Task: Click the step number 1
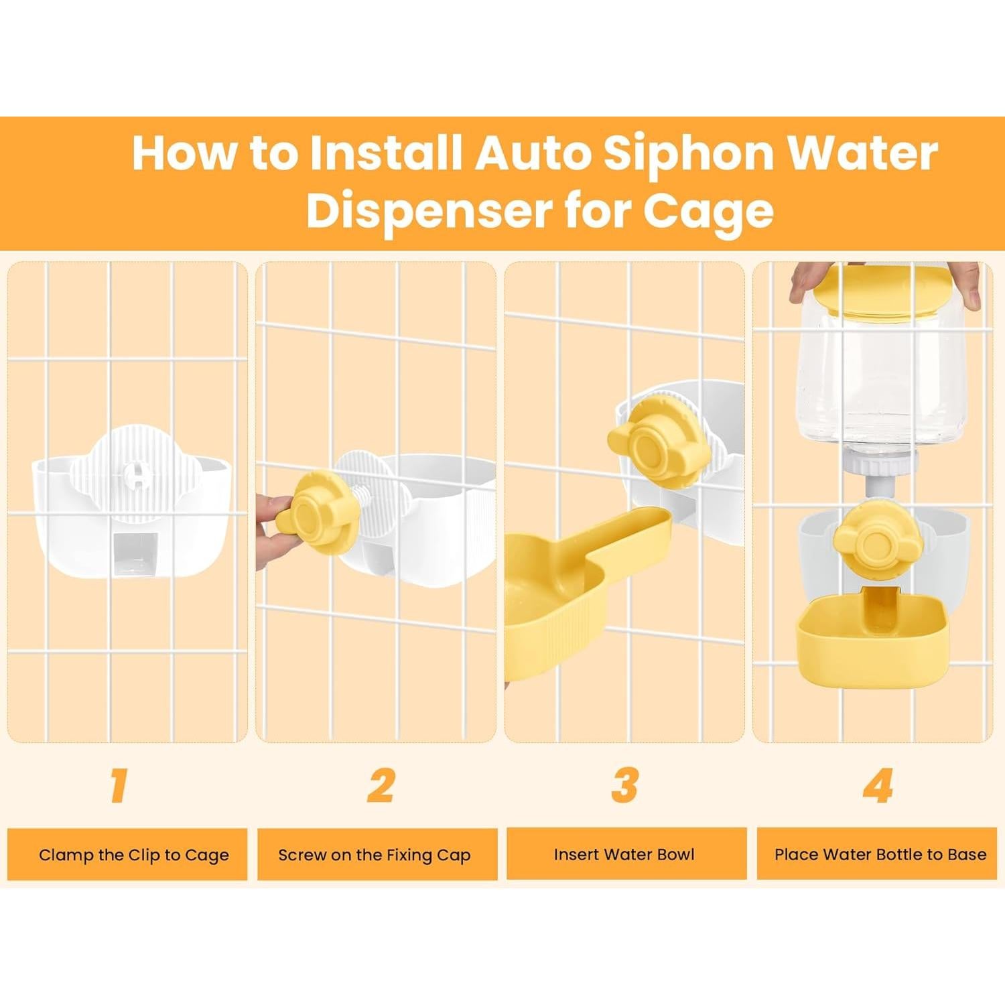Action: click(x=120, y=785)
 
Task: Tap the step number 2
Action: click(x=381, y=785)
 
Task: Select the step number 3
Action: click(x=624, y=785)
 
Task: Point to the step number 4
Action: click(x=878, y=785)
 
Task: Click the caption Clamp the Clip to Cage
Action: click(x=133, y=855)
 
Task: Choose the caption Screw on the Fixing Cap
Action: click(x=375, y=855)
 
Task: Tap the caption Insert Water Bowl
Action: click(x=624, y=854)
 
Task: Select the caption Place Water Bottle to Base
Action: click(x=880, y=854)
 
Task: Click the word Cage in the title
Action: click(x=708, y=210)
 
